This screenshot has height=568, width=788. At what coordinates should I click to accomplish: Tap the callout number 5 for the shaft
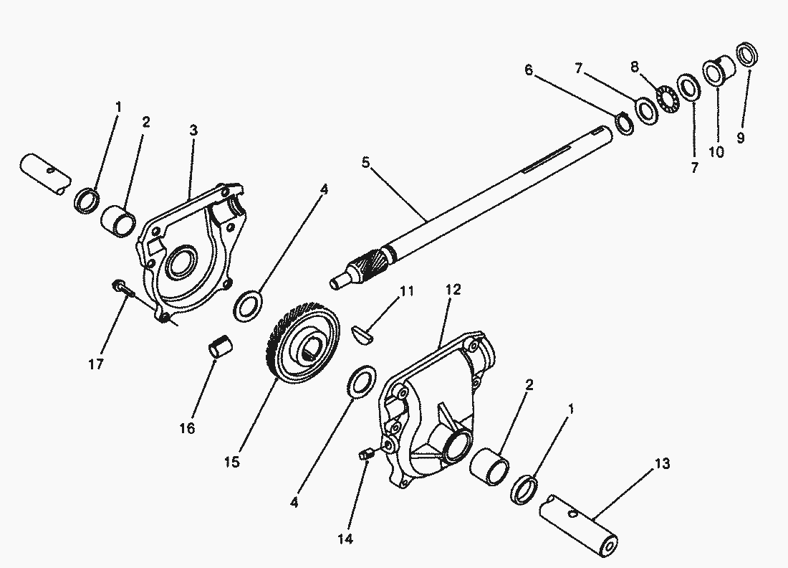click(x=365, y=163)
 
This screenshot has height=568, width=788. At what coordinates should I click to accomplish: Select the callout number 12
click(x=453, y=290)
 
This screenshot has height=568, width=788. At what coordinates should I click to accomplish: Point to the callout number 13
click(x=662, y=464)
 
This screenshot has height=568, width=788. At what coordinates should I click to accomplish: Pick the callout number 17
click(x=96, y=364)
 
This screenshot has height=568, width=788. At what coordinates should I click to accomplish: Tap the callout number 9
click(x=741, y=138)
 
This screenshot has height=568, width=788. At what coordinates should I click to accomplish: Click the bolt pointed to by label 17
click(x=122, y=290)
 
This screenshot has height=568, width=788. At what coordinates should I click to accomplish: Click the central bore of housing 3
click(x=181, y=263)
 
